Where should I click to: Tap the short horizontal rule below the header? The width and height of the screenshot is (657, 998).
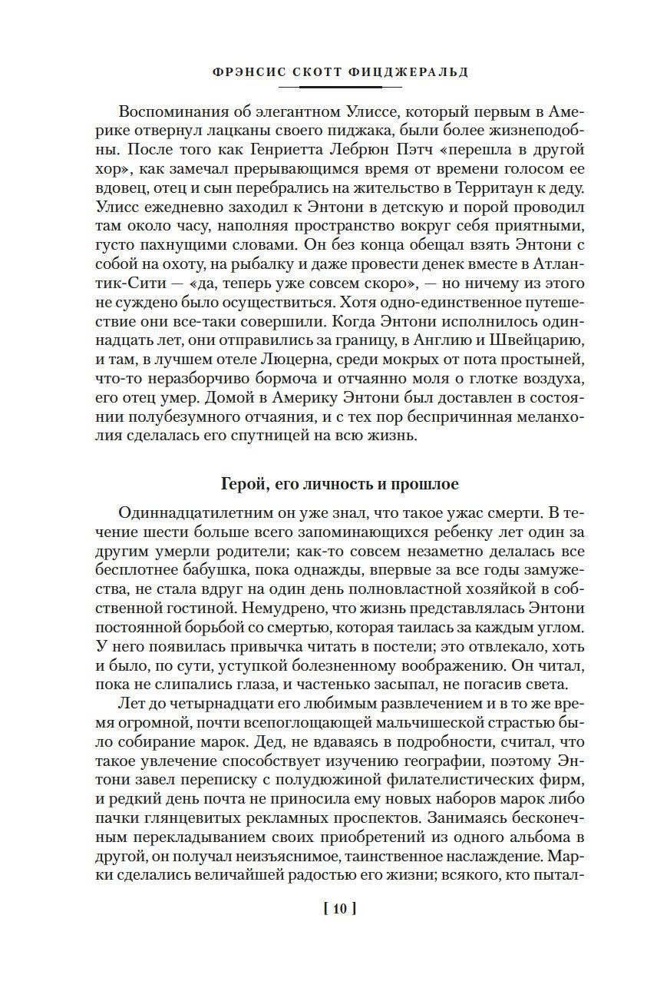click(328, 86)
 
